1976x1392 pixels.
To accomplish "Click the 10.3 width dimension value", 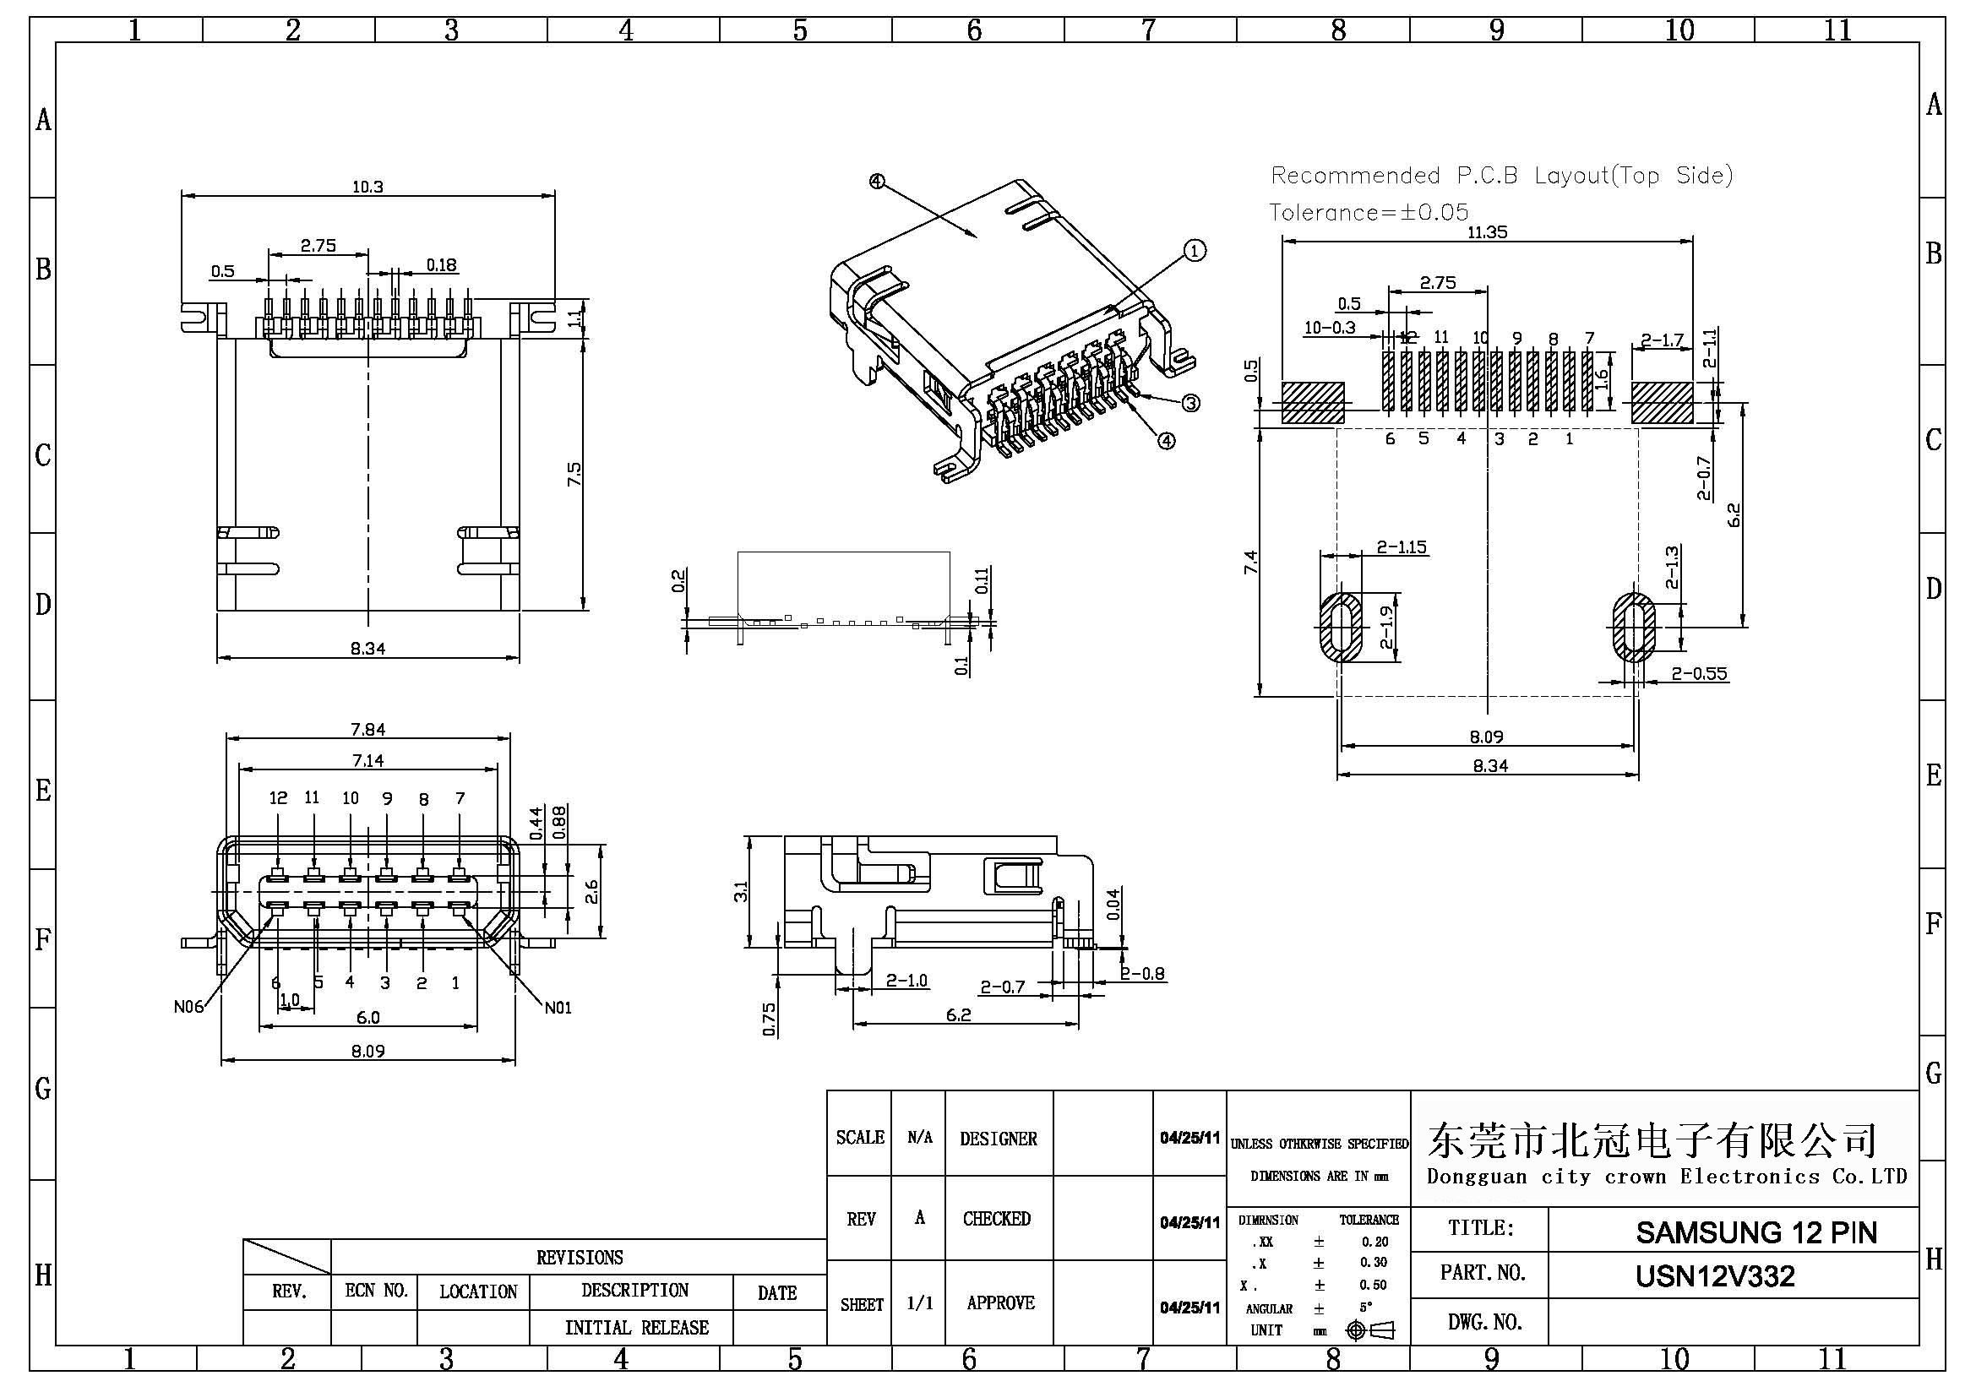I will [367, 187].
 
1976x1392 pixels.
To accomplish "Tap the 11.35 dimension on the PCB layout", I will [1487, 231].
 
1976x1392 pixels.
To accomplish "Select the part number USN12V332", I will [1714, 1275].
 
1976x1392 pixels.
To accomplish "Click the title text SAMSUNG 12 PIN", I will [1756, 1233].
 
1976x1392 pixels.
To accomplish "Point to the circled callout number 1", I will [1195, 250].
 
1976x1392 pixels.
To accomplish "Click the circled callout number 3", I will [1191, 403].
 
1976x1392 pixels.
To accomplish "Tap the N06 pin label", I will [188, 1007].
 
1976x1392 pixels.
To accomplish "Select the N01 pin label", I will [558, 1008].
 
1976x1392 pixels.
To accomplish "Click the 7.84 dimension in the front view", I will [367, 730].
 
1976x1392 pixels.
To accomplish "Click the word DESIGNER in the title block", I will [999, 1139].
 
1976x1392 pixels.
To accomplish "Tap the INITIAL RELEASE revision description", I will [636, 1328].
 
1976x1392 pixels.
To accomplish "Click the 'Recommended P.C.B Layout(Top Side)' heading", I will [1501, 176].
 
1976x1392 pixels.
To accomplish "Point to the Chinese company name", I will [1652, 1140].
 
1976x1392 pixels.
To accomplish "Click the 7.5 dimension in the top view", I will [574, 474].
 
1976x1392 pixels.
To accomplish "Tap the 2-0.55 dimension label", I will [1699, 674].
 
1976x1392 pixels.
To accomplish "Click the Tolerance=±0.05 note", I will [1369, 212].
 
